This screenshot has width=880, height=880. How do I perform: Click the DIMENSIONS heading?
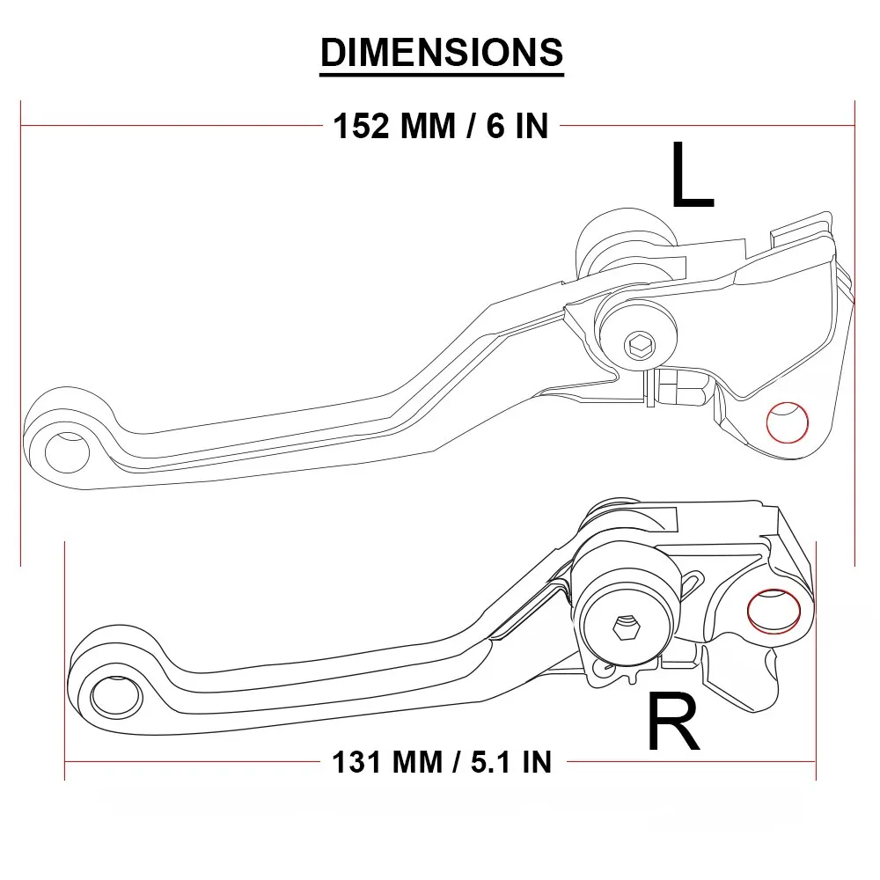point(441,53)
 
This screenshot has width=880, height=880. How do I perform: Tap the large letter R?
point(673,722)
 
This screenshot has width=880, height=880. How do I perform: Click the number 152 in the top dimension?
point(360,127)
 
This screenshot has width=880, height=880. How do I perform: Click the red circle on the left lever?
point(788,422)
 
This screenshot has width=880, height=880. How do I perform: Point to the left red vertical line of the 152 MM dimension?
point(20,334)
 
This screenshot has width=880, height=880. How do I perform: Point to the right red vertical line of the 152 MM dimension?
point(855,334)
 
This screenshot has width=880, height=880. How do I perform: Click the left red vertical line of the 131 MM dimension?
point(65,660)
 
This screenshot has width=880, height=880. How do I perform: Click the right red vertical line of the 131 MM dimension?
point(817,660)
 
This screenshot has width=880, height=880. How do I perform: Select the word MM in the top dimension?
point(429,127)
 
